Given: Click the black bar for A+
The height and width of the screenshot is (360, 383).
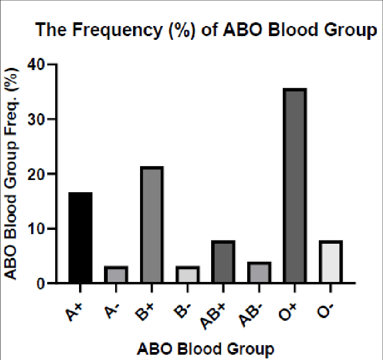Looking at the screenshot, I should pos(80,238).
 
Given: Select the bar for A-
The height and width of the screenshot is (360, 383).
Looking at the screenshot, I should pos(116,275).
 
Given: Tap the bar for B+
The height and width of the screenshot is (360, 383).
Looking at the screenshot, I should pos(152,225).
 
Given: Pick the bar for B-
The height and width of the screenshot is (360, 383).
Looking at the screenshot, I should pos(187,275).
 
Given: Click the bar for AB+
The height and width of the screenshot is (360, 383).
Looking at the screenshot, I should pos(223,262).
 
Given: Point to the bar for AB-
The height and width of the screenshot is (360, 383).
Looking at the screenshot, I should pos(259,273).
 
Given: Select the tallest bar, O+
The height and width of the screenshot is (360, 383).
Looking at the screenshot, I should pos(294,186).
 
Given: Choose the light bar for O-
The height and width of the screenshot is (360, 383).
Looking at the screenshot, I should pos(330,262).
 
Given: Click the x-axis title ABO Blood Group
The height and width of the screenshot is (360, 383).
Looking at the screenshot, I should pos(206,349).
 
